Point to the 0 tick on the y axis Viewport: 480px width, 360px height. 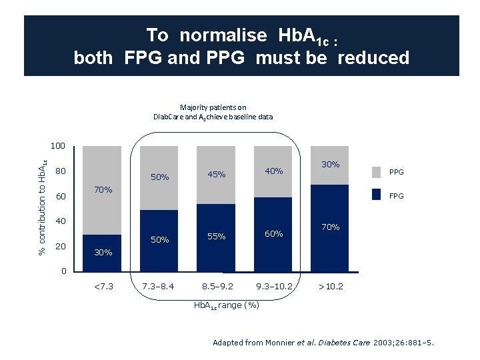pyautogui.click(x=63, y=271)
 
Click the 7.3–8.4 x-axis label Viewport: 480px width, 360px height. pyautogui.click(x=159, y=287)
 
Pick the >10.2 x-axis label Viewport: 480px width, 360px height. pyautogui.click(x=330, y=287)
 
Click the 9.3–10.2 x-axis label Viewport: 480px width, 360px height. pyautogui.click(x=273, y=287)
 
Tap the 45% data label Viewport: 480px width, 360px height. pyautogui.click(x=216, y=175)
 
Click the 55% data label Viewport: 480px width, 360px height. pyautogui.click(x=216, y=237)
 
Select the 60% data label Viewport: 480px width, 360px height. pyautogui.click(x=273, y=234)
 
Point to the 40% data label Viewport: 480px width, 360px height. pyautogui.click(x=273, y=171)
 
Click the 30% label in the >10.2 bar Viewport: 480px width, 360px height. pyautogui.click(x=330, y=164)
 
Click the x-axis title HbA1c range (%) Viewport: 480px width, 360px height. pyautogui.click(x=226, y=305)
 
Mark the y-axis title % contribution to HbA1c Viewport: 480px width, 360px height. pyautogui.click(x=41, y=205)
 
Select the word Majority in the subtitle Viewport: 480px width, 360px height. pyautogui.click(x=195, y=107)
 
